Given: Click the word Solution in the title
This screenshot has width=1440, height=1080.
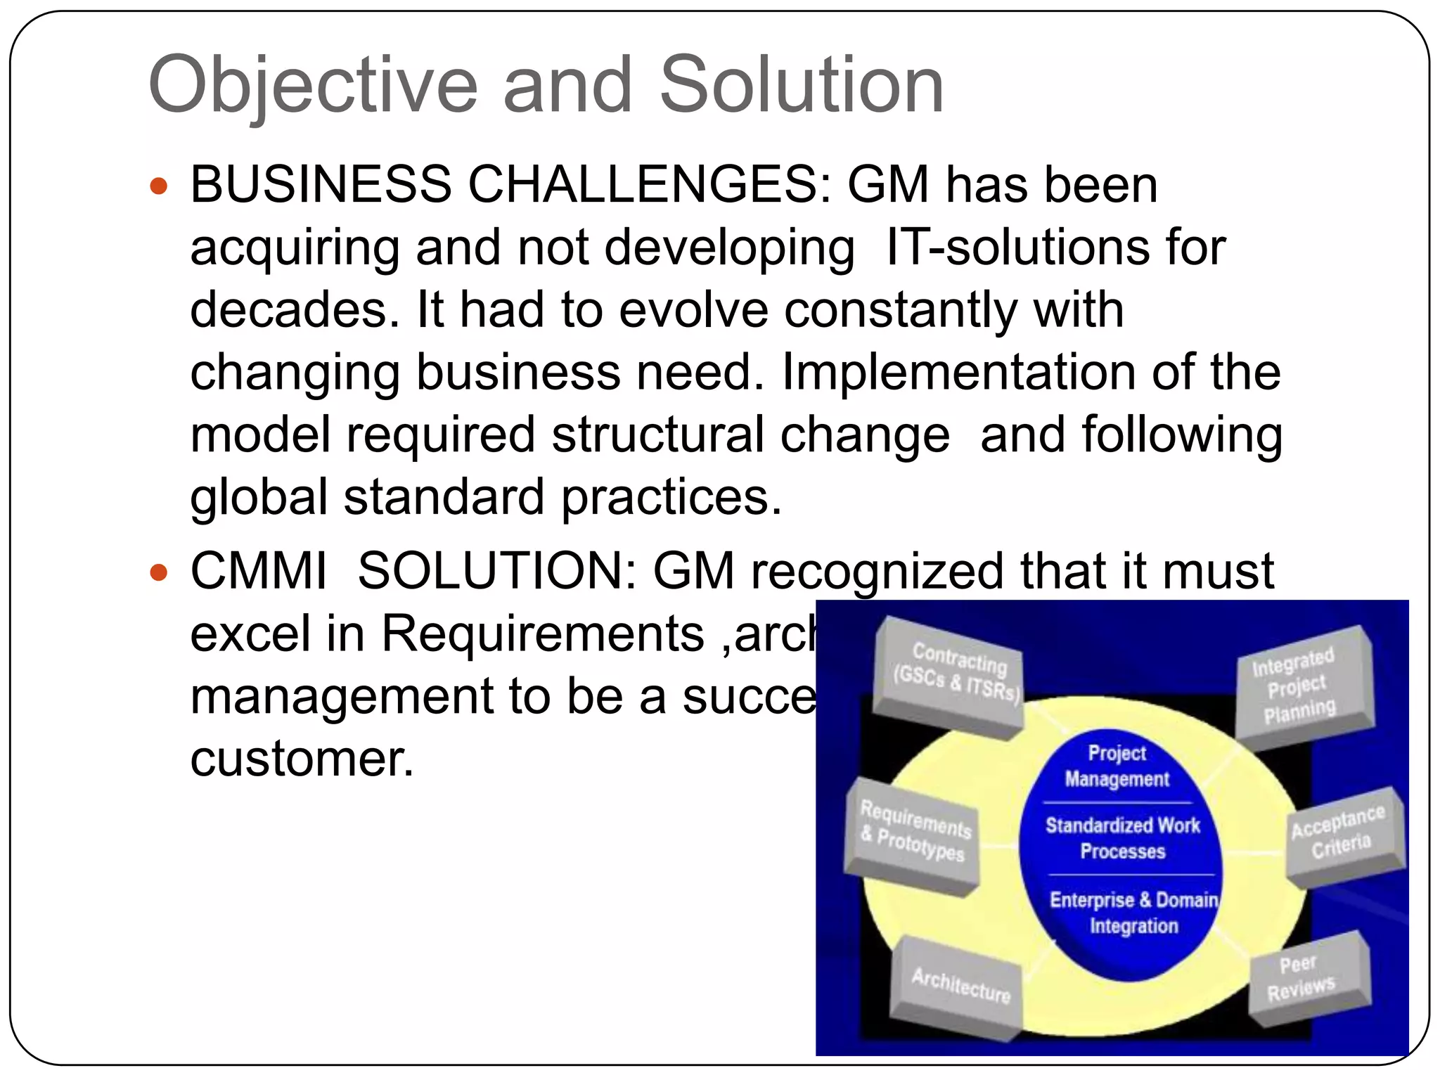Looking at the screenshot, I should (x=801, y=86).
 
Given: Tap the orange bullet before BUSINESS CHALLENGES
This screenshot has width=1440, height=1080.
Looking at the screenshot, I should (x=160, y=186).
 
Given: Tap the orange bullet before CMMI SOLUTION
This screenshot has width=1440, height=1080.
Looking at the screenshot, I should (x=160, y=572).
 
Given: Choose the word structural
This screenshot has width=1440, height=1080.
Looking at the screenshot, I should (x=657, y=435).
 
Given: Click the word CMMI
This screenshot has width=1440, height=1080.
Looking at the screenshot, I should (x=259, y=571).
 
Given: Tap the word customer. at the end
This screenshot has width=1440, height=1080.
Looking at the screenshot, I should (x=302, y=759).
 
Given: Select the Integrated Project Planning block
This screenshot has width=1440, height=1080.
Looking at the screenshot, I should (x=1300, y=685).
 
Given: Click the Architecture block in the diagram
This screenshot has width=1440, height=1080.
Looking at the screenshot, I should (x=960, y=984).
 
